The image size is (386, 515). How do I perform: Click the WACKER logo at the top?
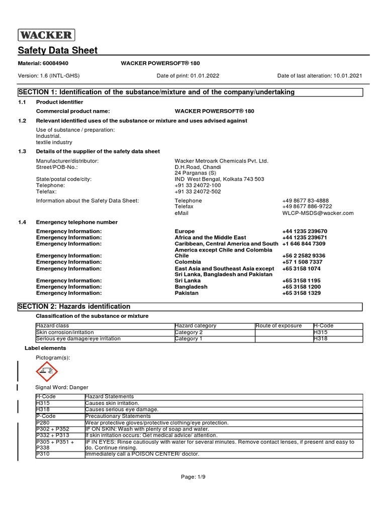tap(47, 35)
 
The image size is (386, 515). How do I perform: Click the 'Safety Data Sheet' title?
tap(58, 50)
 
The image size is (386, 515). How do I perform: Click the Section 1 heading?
tap(156, 92)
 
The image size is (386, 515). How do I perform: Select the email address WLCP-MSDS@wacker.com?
tap(318, 213)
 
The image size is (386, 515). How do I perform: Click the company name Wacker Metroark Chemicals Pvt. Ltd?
tap(221, 161)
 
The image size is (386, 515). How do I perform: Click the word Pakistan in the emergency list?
tap(186, 293)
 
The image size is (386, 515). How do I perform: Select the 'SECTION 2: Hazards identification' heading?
tap(74, 307)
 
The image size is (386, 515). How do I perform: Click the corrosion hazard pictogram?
tap(47, 372)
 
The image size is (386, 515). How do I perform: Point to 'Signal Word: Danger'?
tap(61, 387)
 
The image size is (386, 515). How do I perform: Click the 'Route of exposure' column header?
tap(278, 326)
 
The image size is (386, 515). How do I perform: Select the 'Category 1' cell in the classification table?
tap(188, 339)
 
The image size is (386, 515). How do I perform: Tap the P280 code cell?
tap(43, 423)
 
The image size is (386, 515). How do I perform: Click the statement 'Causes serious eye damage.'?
tap(122, 410)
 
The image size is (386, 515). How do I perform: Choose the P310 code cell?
tap(43, 454)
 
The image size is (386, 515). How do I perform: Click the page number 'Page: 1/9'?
tap(193, 477)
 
